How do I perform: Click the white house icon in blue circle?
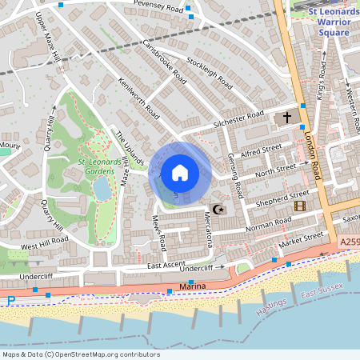click(180, 172)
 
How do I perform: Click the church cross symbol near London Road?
click(286, 118)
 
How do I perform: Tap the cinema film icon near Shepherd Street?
click(300, 206)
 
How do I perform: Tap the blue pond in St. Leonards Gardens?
click(102, 189)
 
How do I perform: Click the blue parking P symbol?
click(10, 301)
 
